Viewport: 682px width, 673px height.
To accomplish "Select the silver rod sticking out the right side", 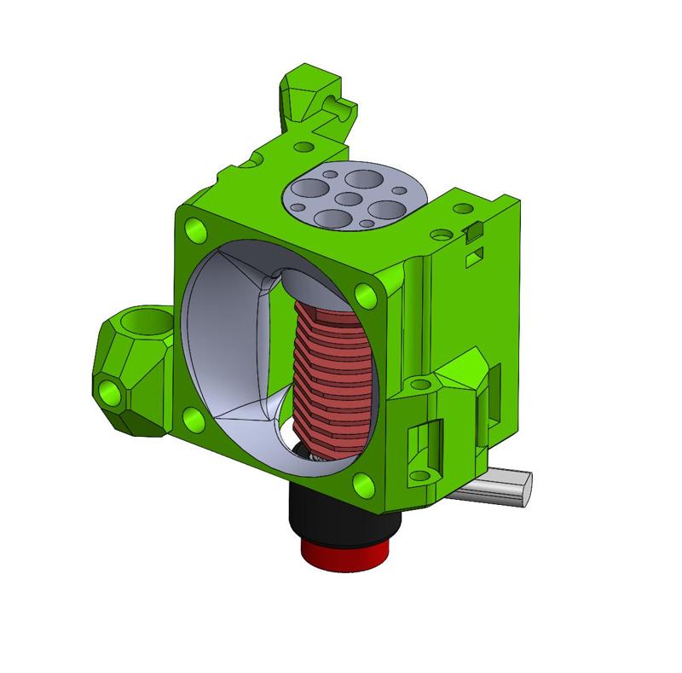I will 503,490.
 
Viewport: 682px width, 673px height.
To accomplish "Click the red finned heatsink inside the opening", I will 332,367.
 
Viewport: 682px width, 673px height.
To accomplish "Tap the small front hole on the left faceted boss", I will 110,392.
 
